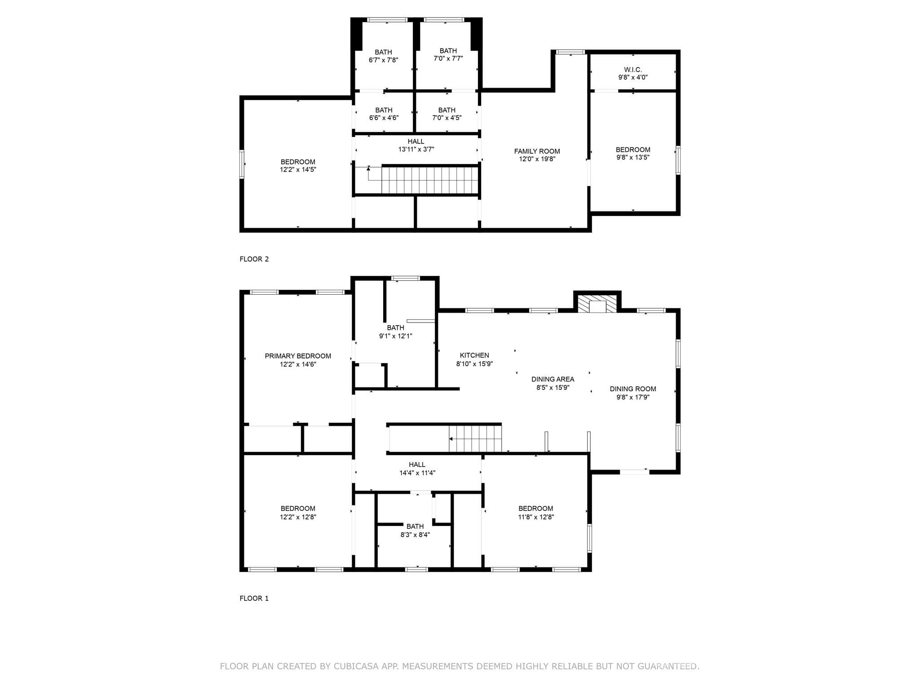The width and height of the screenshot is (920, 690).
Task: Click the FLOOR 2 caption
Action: click(254, 259)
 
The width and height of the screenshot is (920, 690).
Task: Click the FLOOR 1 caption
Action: click(254, 598)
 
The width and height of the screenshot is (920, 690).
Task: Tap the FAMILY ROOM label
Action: click(537, 151)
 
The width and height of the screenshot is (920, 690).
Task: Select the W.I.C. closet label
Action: click(633, 70)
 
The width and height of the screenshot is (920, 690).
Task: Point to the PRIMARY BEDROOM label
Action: click(298, 356)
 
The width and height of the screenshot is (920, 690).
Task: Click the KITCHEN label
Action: click(474, 355)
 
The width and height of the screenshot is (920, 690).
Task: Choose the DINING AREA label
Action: click(553, 379)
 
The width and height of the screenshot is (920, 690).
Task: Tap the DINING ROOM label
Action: click(633, 389)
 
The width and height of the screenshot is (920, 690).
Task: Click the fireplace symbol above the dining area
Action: click(597, 304)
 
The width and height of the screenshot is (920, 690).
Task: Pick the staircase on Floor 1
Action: click(475, 438)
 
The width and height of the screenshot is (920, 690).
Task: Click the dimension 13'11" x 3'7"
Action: click(416, 150)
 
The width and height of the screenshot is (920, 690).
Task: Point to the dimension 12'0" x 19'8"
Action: click(537, 159)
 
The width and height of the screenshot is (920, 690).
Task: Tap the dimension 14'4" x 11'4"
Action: click(417, 473)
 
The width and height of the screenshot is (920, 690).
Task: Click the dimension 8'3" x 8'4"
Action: click(415, 535)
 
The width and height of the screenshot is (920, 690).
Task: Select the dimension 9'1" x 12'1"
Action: click(396, 336)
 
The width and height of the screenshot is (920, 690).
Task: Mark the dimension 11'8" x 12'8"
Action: click(536, 517)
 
